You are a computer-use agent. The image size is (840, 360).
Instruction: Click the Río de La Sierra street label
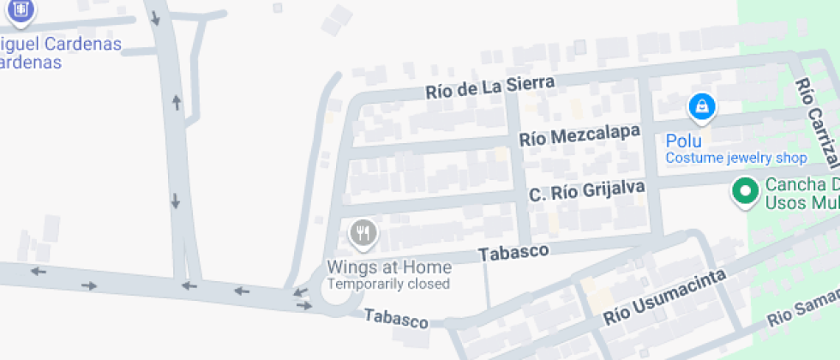tap(490, 87)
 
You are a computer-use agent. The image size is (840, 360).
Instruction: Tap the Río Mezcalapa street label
tap(580, 135)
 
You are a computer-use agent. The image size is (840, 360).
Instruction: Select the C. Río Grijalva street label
tap(586, 191)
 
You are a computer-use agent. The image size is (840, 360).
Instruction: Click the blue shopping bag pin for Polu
tap(702, 107)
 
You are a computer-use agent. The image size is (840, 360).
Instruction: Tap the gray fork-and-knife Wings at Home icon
tap(363, 233)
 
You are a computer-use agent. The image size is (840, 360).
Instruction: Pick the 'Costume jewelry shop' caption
tap(736, 158)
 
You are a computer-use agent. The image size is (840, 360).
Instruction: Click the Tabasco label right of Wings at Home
tap(513, 252)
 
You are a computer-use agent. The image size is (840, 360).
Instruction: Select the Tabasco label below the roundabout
tap(396, 318)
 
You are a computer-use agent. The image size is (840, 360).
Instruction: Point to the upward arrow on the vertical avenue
tap(177, 103)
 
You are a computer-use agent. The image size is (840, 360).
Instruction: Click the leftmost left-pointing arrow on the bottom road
tap(38, 272)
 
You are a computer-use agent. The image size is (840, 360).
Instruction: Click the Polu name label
tap(684, 141)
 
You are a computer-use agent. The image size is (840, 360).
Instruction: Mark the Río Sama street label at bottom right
tap(802, 308)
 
